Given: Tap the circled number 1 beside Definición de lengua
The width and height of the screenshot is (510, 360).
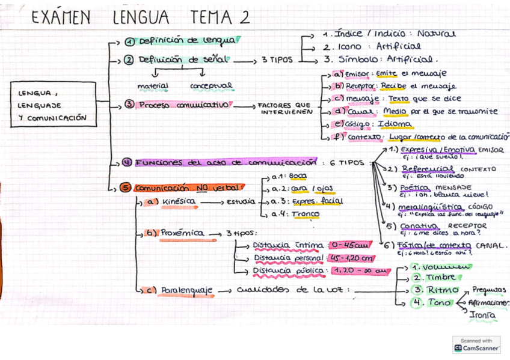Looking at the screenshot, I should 129,41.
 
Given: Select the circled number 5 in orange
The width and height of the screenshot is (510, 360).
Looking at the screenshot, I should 125,188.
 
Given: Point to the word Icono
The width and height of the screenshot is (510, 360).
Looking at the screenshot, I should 351,46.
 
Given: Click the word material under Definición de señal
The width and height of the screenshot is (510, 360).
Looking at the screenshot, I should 153,86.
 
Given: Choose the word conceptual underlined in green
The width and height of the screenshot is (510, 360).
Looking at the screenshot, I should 210,86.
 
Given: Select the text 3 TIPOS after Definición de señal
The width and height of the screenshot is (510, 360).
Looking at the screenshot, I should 277,60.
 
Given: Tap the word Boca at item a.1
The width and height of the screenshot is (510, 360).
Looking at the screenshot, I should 297,176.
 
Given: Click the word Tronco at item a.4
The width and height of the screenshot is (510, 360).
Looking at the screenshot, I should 306,213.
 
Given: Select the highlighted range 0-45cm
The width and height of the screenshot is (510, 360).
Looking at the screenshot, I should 349,245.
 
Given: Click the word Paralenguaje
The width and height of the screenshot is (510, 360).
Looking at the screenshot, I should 186,291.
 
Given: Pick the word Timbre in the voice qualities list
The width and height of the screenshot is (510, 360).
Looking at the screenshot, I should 442,278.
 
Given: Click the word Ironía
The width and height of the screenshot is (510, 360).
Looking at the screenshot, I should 482,314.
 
